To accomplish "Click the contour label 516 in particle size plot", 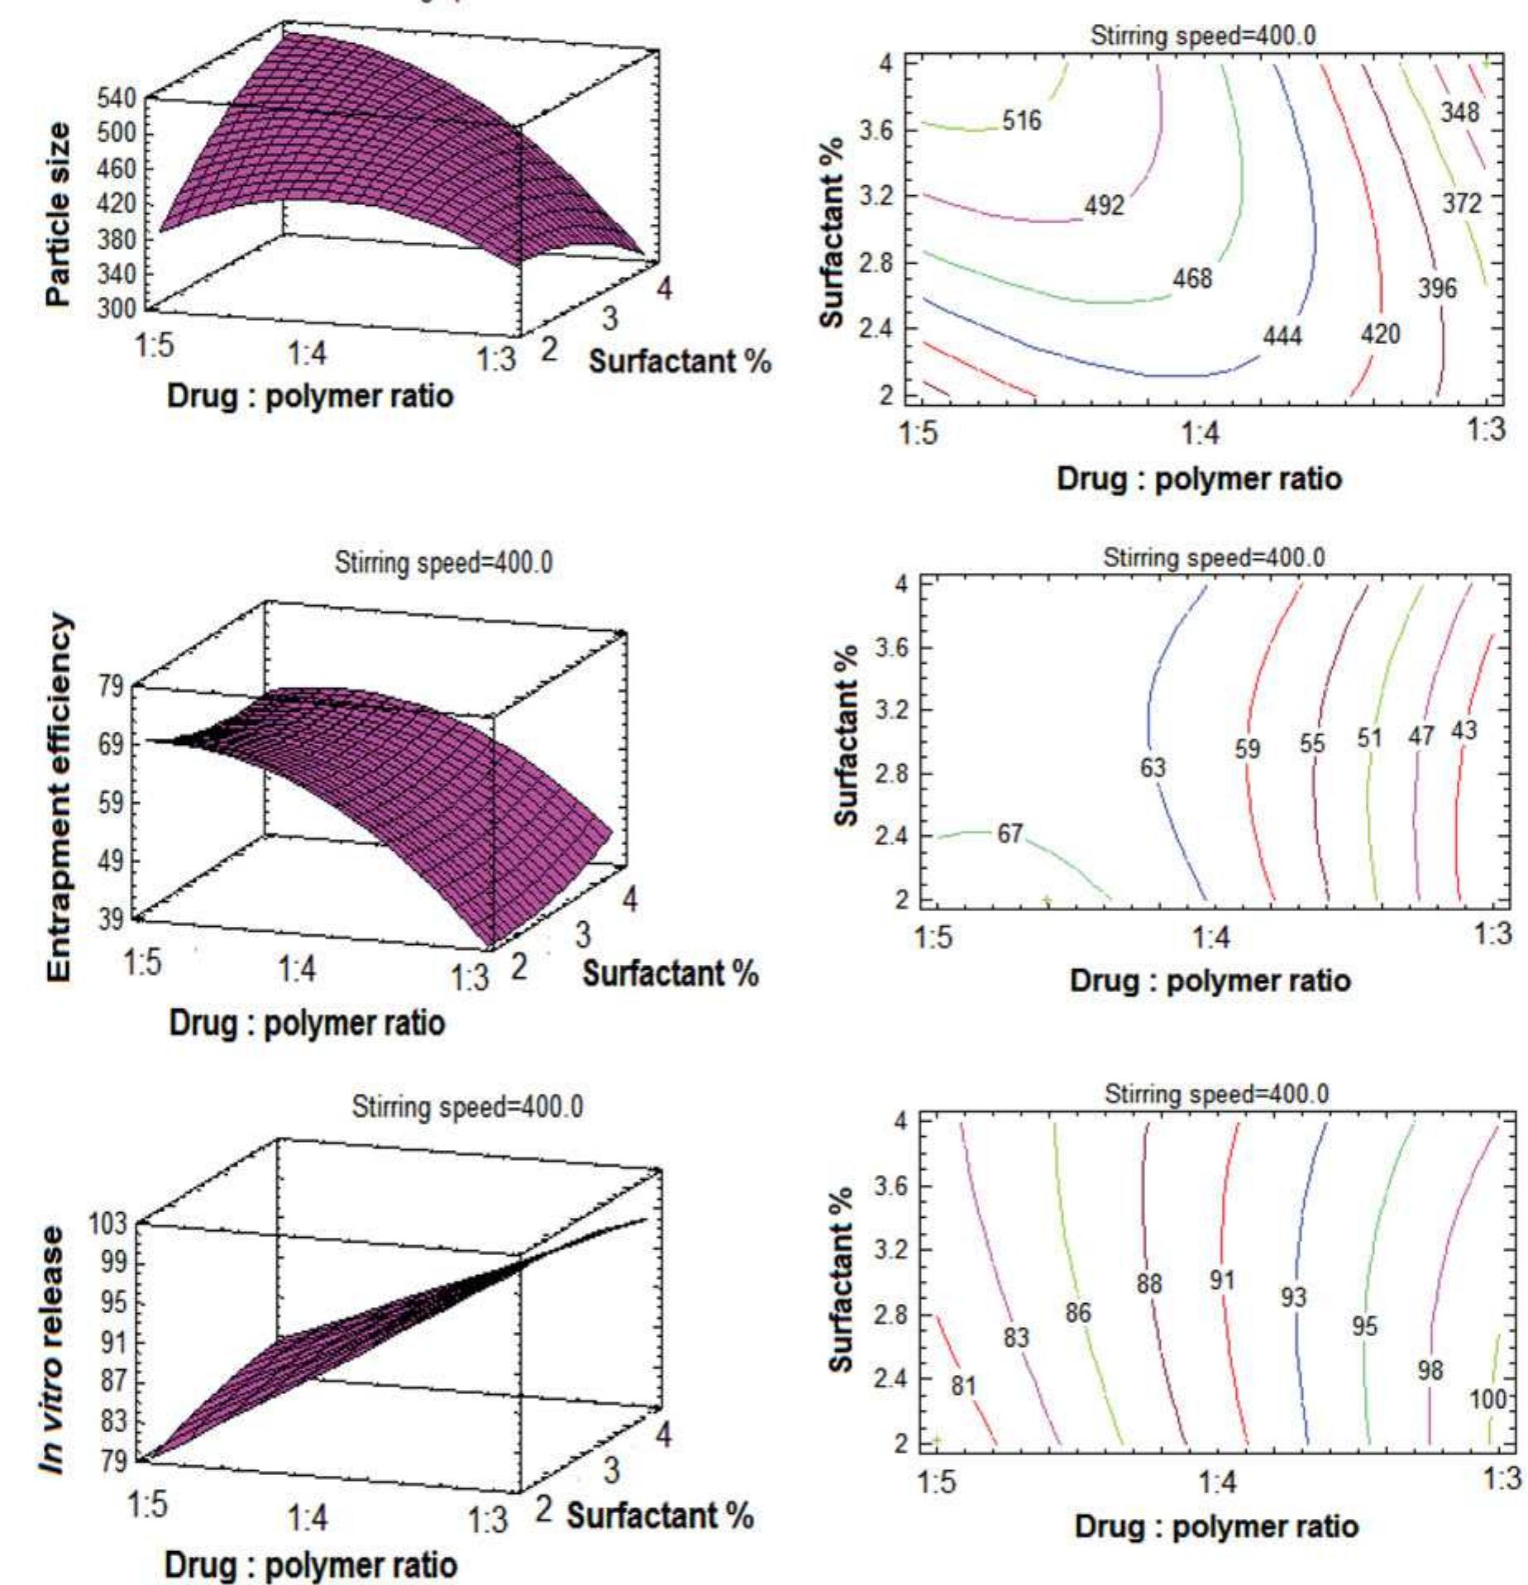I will tap(1022, 122).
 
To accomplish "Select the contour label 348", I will tap(1459, 112).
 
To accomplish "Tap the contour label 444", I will tap(1282, 337).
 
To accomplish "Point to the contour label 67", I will tap(1010, 833).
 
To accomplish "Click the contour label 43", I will tap(1464, 731).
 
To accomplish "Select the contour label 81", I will tap(964, 1385).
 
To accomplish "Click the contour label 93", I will tap(1293, 1296).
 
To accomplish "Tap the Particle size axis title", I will tap(58, 215).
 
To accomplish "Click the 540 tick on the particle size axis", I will tap(118, 99).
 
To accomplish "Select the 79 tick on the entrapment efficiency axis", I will tap(112, 686).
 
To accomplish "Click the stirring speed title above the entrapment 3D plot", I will tap(444, 564).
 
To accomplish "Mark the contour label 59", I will tap(1248, 749).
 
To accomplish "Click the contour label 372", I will tap(1462, 203).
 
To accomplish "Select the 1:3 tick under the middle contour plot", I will tap(1493, 934).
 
